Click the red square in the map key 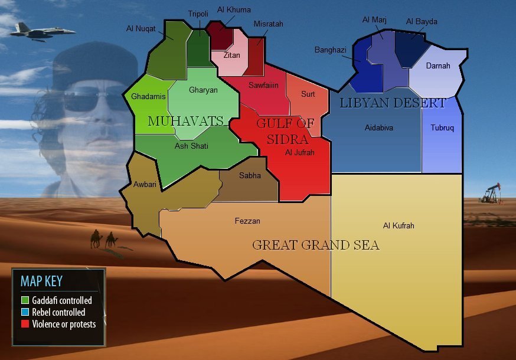(x=24, y=323)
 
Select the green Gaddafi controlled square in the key (x=24, y=300)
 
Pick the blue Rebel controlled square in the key (x=24, y=312)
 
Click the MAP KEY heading (x=41, y=281)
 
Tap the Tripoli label (x=198, y=14)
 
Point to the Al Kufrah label (x=399, y=225)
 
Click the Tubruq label (x=442, y=128)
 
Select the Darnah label (x=437, y=66)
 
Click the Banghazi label (x=330, y=50)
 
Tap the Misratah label (x=268, y=24)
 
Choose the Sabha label (x=250, y=175)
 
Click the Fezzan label (x=247, y=221)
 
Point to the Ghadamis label (x=148, y=96)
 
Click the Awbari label (x=145, y=184)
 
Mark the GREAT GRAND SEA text (x=315, y=245)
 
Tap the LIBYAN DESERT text (x=393, y=103)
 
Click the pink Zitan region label (x=232, y=55)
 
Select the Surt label (x=308, y=94)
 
